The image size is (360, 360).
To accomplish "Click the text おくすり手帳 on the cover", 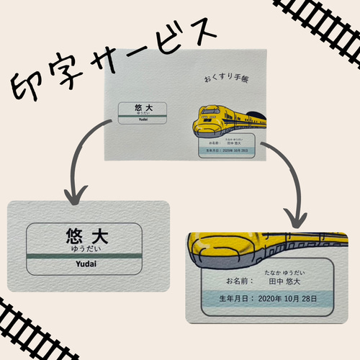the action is coord(226,78).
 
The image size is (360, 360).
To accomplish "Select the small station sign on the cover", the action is coord(143,113).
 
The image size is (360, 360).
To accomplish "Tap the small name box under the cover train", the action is coord(227,145).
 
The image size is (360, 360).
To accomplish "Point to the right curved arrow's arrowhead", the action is coord(296,218).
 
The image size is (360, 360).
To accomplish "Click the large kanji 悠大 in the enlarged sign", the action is coord(87,235).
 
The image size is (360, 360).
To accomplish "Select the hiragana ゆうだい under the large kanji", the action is coord(86,249).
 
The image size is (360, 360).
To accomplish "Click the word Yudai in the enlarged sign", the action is coord(86,264).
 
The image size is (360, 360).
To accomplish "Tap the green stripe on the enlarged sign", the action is coord(84,256).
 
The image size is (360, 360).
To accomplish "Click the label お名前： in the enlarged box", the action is coord(240,281).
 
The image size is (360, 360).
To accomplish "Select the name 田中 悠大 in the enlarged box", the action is coord(284,282).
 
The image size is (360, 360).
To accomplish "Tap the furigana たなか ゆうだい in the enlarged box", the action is coord(284,273).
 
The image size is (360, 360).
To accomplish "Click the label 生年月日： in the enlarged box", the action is coord(236,299).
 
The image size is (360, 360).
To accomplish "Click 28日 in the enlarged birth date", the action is coord(309,299).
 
